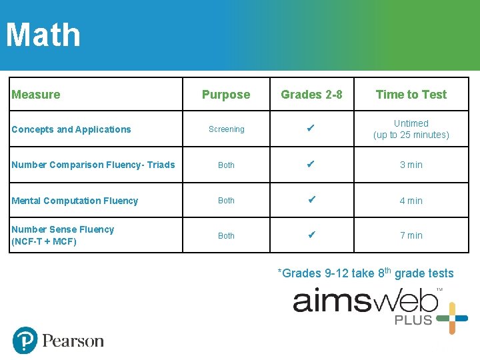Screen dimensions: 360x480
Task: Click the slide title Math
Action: [43, 35]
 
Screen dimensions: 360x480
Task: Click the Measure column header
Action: [36, 95]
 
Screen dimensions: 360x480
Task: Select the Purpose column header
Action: [226, 95]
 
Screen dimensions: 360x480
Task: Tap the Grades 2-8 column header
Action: [311, 95]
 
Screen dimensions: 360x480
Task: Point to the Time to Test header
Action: [411, 95]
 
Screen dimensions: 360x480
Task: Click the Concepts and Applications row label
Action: [71, 129]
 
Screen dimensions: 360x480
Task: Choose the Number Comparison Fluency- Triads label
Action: [93, 165]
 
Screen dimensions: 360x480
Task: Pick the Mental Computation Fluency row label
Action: [75, 201]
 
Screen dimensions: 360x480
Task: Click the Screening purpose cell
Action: [227, 129]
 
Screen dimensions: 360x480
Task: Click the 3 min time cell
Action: [411, 165]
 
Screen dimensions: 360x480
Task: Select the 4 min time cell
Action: [411, 201]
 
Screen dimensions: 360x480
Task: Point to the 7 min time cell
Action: [411, 235]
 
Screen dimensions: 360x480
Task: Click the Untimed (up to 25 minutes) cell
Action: [411, 129]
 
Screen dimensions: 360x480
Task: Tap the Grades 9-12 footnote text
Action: [365, 273]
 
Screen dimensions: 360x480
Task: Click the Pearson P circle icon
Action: [25, 340]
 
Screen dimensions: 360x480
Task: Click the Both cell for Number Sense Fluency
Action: [227, 235]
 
